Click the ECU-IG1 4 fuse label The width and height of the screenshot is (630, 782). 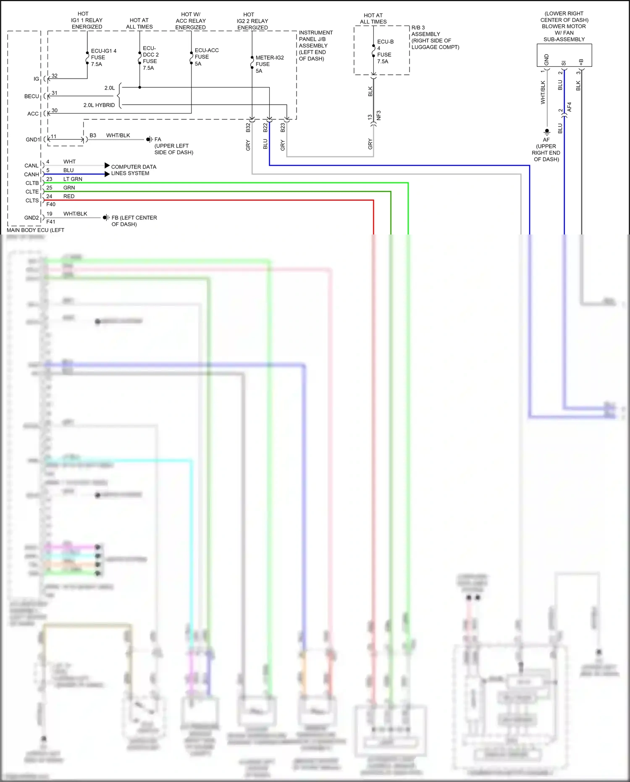(103, 58)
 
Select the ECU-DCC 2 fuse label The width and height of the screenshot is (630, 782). (150, 58)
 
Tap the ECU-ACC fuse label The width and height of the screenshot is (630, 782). (206, 57)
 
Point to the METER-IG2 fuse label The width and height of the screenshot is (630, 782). (269, 64)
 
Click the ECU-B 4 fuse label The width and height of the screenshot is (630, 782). (385, 51)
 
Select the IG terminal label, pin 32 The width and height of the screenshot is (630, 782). (37, 79)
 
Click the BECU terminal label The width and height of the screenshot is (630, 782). (31, 96)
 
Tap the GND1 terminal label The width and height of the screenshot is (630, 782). (33, 140)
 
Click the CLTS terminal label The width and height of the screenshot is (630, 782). (32, 200)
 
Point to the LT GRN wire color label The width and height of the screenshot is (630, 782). (73, 179)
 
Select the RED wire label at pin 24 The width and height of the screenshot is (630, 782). (69, 196)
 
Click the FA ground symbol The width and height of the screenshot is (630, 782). (149, 140)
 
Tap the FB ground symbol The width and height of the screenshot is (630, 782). (105, 218)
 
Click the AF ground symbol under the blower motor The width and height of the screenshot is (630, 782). (546, 132)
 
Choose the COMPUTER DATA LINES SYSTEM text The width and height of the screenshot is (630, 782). (133, 170)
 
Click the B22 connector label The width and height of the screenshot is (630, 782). (265, 128)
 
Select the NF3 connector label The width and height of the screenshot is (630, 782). (378, 116)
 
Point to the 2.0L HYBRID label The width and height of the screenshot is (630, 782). (99, 105)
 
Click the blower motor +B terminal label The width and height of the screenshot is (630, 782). (581, 62)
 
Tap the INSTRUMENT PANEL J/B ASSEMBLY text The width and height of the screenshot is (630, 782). (315, 45)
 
